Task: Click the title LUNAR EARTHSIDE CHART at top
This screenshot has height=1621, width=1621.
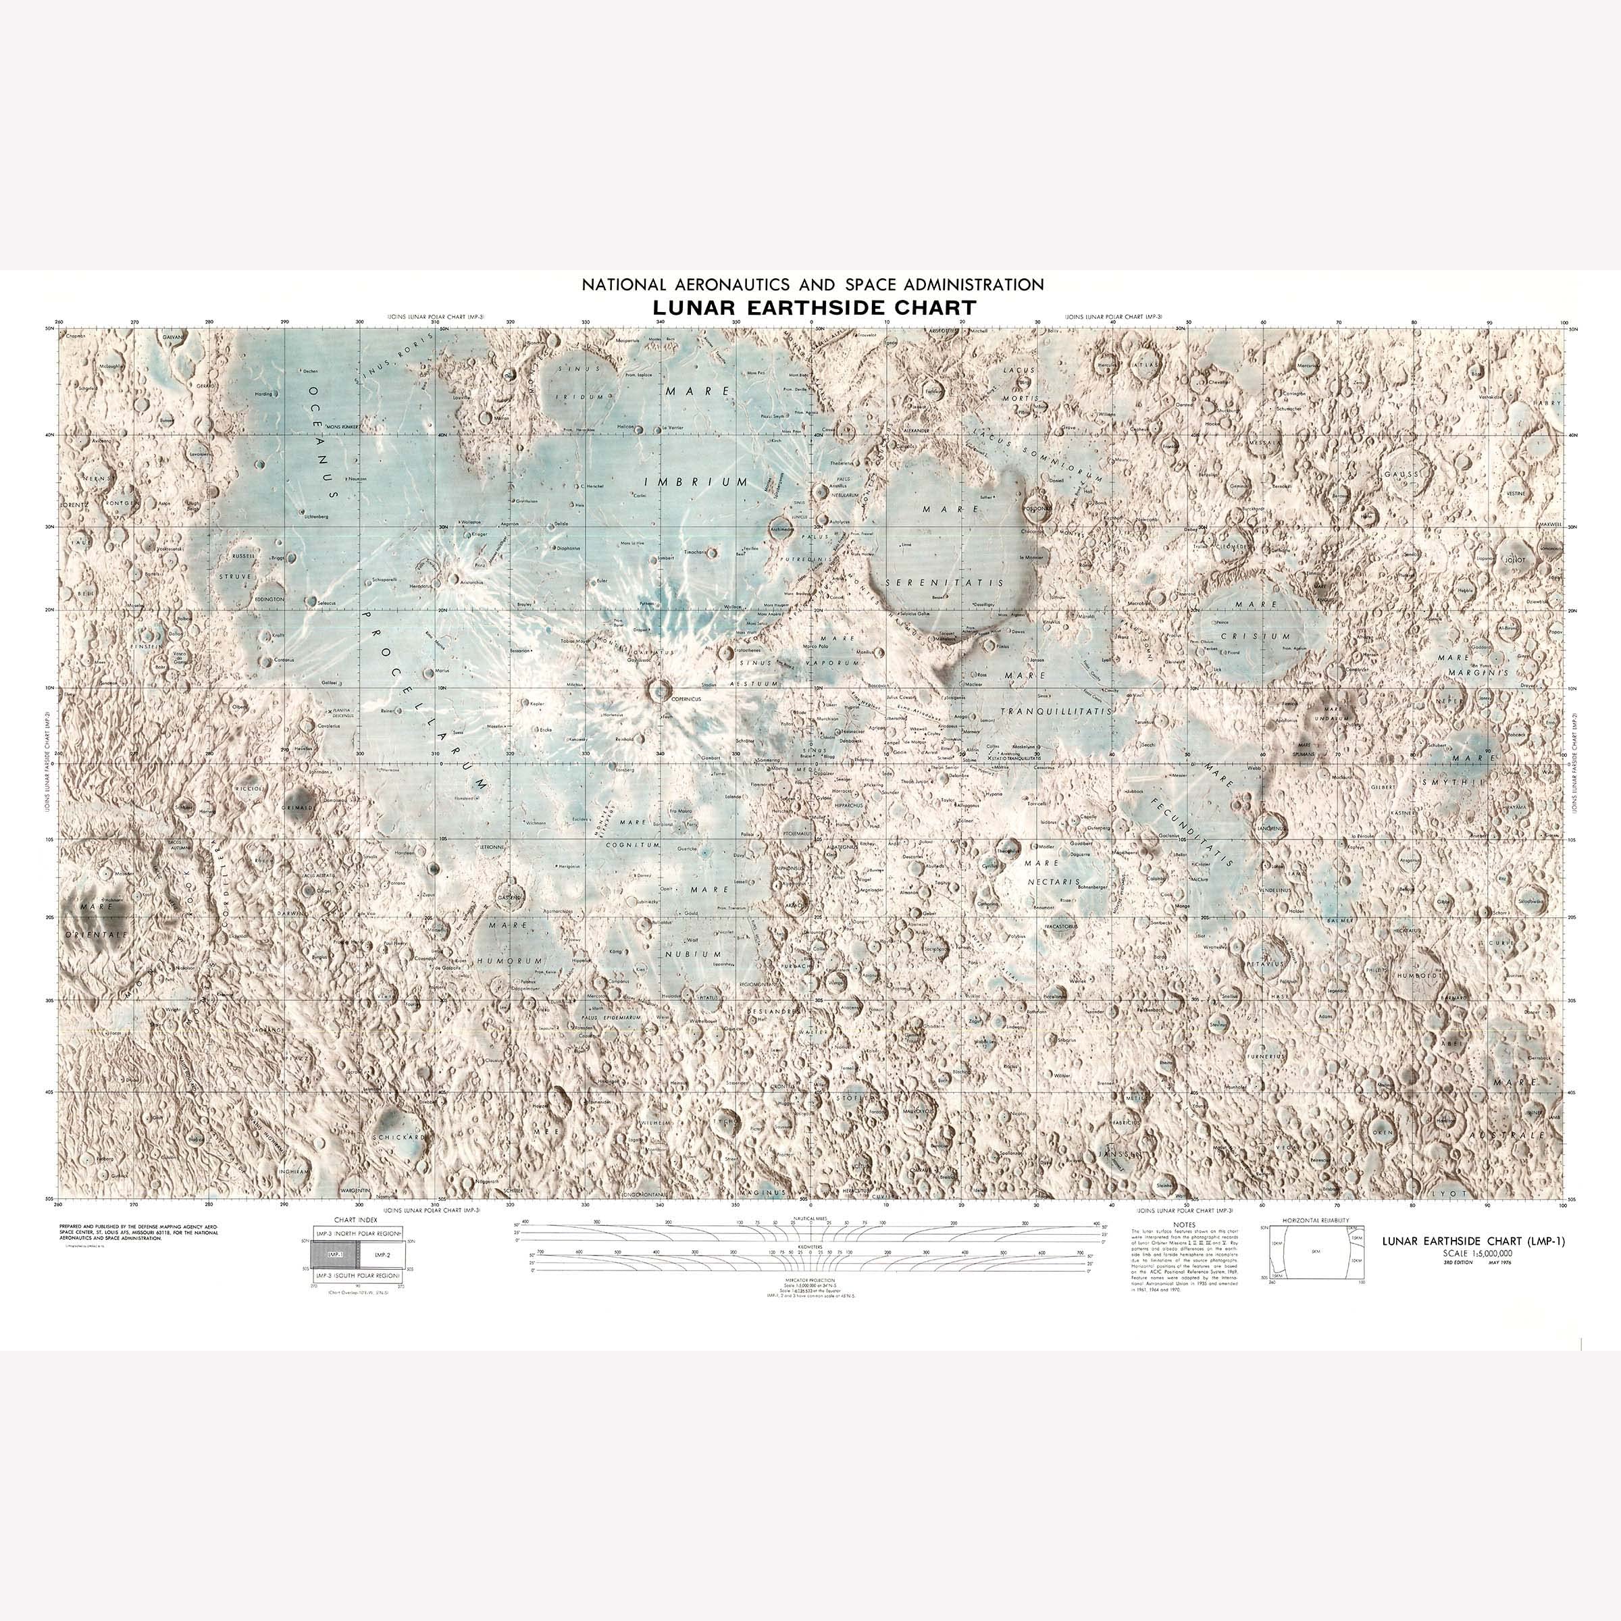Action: pyautogui.click(x=814, y=308)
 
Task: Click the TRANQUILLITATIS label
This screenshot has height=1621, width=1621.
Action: pyautogui.click(x=1056, y=711)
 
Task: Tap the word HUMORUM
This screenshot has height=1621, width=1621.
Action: pyautogui.click(x=510, y=960)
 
